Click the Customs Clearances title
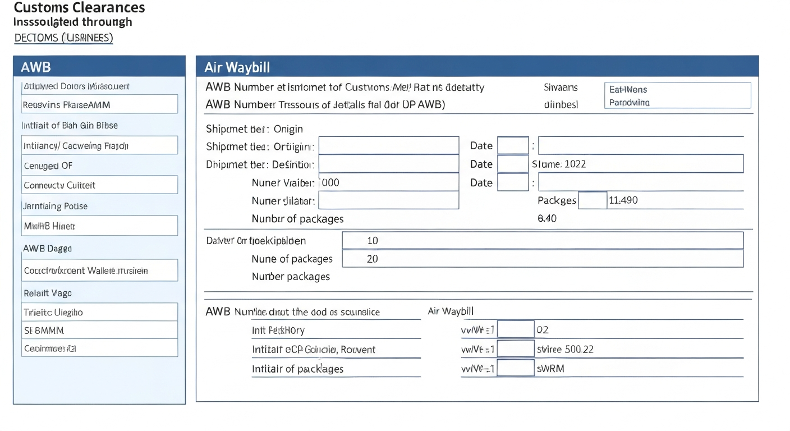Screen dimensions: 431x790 [79, 8]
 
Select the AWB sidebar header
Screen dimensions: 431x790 [99, 67]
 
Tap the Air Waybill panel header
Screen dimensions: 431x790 [477, 67]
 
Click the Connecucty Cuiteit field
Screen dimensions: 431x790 [99, 185]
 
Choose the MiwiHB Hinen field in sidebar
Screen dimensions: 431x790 [99, 226]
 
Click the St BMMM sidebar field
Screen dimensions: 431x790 [99, 330]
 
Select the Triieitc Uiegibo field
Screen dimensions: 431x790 [99, 312]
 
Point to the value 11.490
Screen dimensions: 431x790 [623, 200]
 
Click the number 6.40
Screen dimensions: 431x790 [547, 218]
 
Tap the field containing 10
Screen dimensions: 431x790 [542, 241]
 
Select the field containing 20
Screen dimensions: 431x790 [542, 259]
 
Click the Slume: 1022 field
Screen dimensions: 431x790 [637, 164]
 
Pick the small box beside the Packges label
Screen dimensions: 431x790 [592, 200]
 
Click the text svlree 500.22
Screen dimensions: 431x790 [565, 349]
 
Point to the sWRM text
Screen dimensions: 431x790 [550, 369]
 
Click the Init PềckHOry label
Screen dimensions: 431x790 [278, 331]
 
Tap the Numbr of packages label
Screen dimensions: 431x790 [297, 219]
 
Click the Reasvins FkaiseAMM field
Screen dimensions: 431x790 [99, 104]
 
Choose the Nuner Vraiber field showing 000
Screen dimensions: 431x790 [388, 182]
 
